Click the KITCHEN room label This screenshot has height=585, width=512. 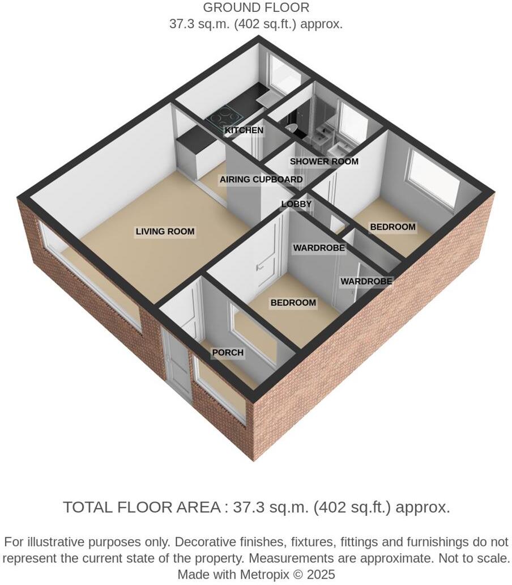coord(244,130)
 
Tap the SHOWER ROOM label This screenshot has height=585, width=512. coord(324,162)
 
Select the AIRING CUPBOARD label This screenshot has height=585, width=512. coord(261,180)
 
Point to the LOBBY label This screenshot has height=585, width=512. coord(297,204)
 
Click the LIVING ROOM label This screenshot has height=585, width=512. coord(165,231)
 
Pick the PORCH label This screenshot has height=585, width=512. coord(228,353)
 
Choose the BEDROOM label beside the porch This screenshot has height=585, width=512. coord(293,303)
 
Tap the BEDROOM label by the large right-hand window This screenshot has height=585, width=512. coord(392,227)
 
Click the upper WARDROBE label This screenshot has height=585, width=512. coord(319,248)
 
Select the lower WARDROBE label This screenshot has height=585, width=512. coord(366,281)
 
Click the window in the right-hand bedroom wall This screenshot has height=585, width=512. coord(434,177)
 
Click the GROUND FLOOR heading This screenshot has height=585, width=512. coord(256,8)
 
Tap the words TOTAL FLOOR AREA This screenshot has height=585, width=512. coord(141,507)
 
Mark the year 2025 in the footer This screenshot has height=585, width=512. coord(321,574)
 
